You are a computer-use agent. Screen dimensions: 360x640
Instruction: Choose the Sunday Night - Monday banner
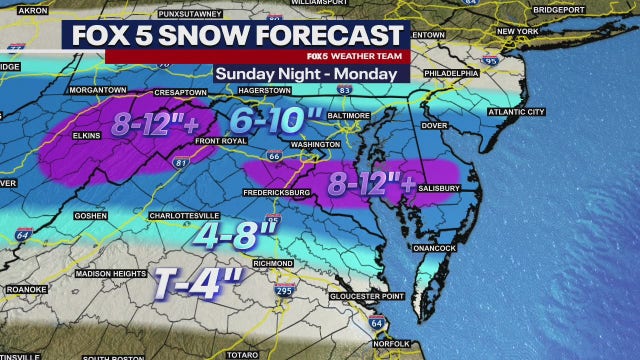pos(305,73)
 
